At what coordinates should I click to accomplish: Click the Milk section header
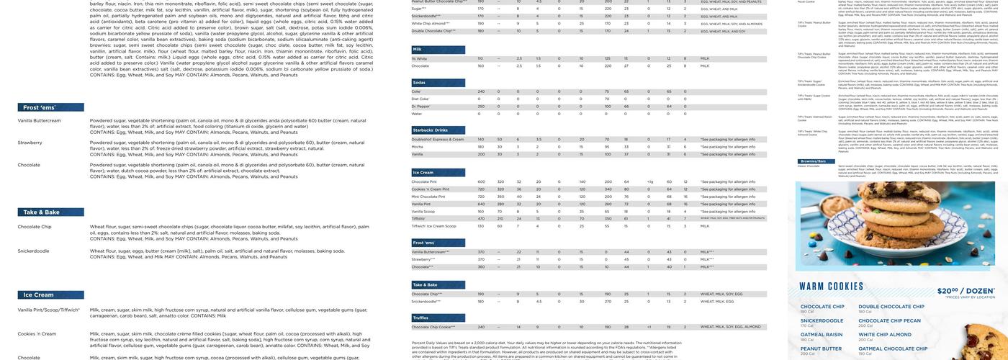pyautogui.click(x=417, y=49)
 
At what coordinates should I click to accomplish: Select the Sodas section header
pyautogui.click(x=419, y=83)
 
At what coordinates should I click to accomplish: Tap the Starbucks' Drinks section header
pyautogui.click(x=431, y=130)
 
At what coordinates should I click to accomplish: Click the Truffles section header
pyautogui.click(x=420, y=318)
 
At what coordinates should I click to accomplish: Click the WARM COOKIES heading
pyautogui.click(x=831, y=287)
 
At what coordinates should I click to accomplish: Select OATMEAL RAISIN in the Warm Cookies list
pyautogui.click(x=821, y=334)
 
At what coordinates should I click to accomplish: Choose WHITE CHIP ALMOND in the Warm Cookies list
pyautogui.click(x=885, y=334)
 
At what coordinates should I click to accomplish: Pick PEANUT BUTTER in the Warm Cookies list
pyautogui.click(x=821, y=348)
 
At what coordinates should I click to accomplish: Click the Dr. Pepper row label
pyautogui.click(x=421, y=107)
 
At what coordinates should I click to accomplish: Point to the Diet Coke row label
pyautogui.click(x=420, y=99)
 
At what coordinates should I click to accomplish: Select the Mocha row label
pyautogui.click(x=417, y=147)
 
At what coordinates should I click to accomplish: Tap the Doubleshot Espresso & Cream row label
pyautogui.click(x=437, y=139)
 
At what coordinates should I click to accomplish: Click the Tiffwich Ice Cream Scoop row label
pyautogui.click(x=433, y=226)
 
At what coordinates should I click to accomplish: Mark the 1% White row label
pyautogui.click(x=419, y=58)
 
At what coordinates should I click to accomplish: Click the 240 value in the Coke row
pyautogui.click(x=481, y=91)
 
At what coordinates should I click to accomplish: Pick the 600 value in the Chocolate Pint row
pyautogui.click(x=481, y=182)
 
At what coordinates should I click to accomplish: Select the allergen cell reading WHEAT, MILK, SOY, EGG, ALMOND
pyautogui.click(x=730, y=327)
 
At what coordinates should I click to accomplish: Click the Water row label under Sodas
pyautogui.click(x=417, y=114)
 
